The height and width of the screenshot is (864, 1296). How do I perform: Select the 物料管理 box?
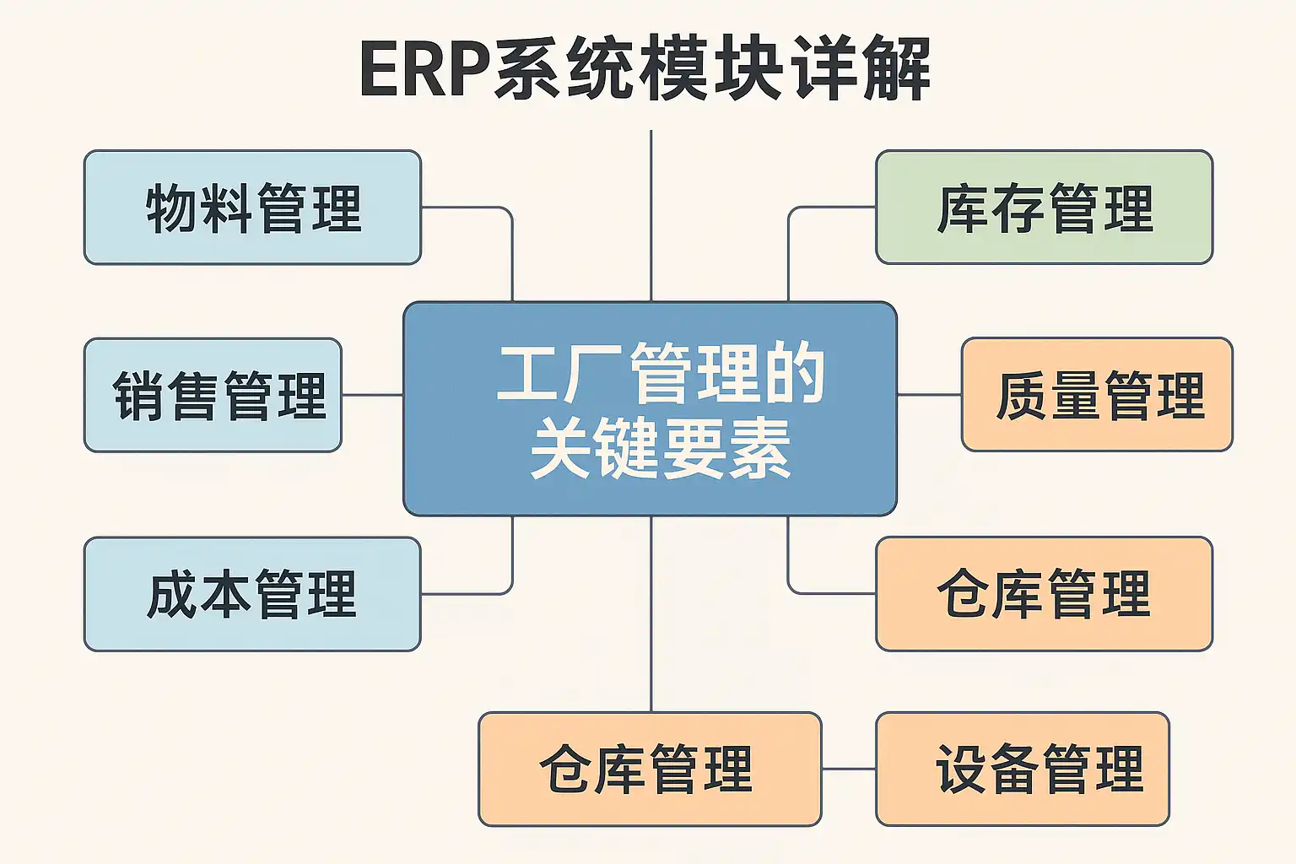click(x=252, y=208)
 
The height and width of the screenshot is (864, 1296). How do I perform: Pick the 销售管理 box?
click(x=213, y=395)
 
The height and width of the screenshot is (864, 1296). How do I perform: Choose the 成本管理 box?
click(x=252, y=594)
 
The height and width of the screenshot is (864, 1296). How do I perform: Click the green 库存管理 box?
click(x=1044, y=208)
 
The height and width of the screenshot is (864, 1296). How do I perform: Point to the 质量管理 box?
click(x=1097, y=395)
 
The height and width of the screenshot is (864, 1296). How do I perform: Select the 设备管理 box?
click(x=1022, y=769)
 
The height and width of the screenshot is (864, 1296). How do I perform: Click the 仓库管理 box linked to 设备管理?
click(x=650, y=769)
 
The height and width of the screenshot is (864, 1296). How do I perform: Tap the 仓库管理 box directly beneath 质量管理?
click(x=1044, y=594)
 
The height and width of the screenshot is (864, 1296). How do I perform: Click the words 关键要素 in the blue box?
click(x=660, y=448)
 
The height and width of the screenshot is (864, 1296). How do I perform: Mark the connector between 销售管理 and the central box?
click(x=372, y=395)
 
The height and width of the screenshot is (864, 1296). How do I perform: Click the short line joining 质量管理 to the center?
click(x=929, y=395)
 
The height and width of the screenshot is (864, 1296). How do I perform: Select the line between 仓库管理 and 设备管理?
click(x=849, y=769)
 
